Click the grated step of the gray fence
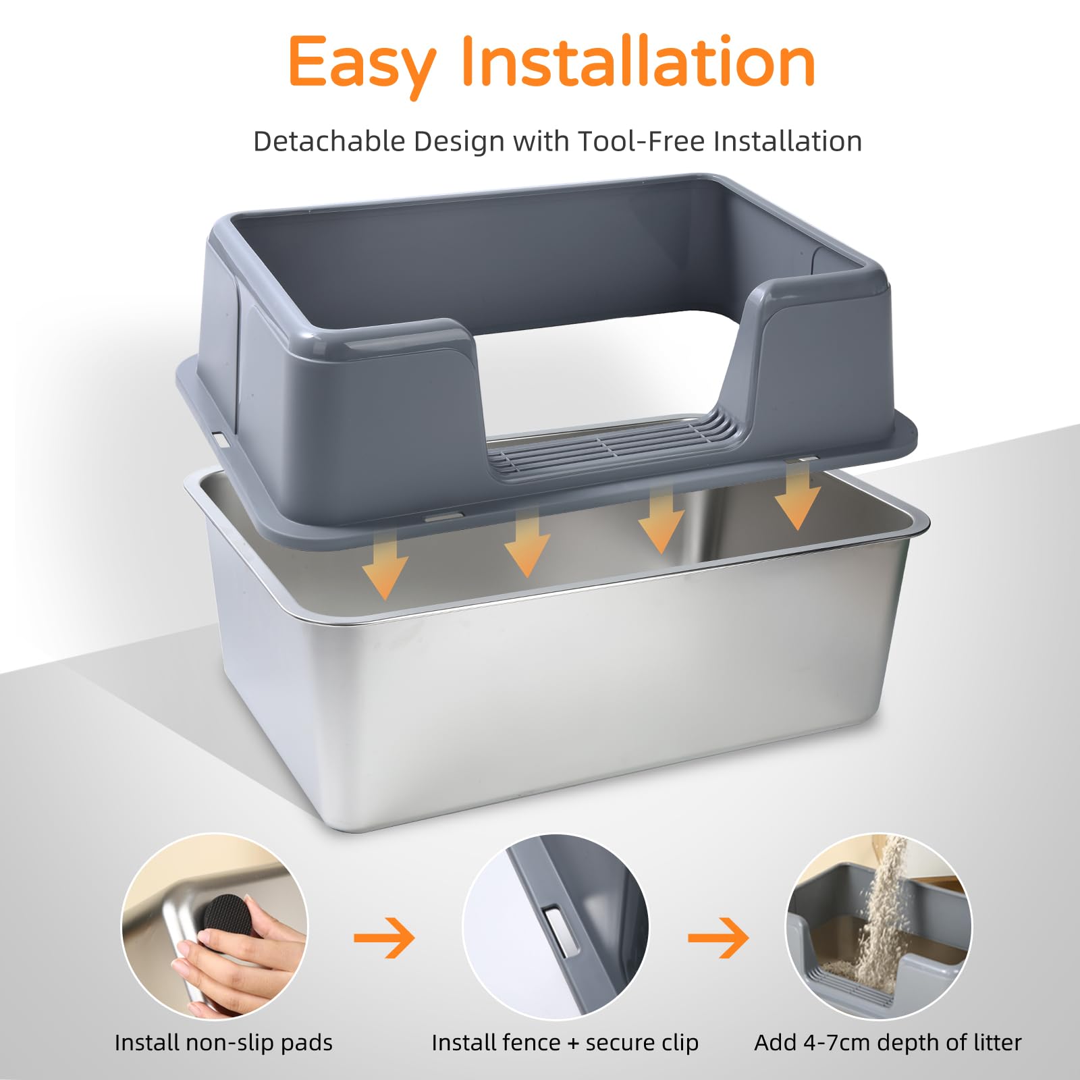tap(611, 446)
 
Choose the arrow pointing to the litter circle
tap(718, 937)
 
